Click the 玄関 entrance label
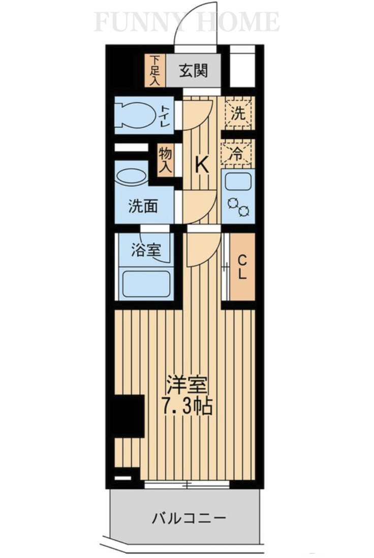click(x=194, y=71)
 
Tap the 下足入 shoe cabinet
click(x=155, y=70)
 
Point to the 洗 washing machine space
click(x=238, y=113)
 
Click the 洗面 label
click(x=143, y=206)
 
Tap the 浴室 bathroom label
click(x=147, y=250)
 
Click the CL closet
click(x=242, y=267)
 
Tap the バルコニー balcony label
click(x=188, y=519)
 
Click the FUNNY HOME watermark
click(x=187, y=21)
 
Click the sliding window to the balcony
click(x=186, y=484)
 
